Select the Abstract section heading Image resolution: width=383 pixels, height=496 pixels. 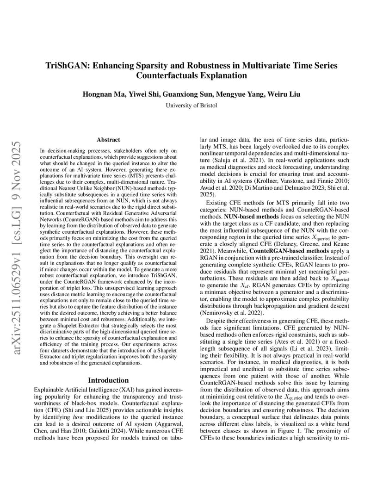click(x=108, y=139)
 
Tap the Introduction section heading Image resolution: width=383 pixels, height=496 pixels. click(x=108, y=380)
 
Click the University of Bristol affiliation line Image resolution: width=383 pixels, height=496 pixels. click(x=191, y=105)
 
